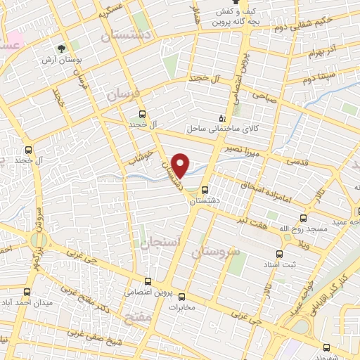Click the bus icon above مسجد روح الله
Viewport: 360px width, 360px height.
tap(304, 218)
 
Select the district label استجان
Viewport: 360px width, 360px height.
tap(160, 243)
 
